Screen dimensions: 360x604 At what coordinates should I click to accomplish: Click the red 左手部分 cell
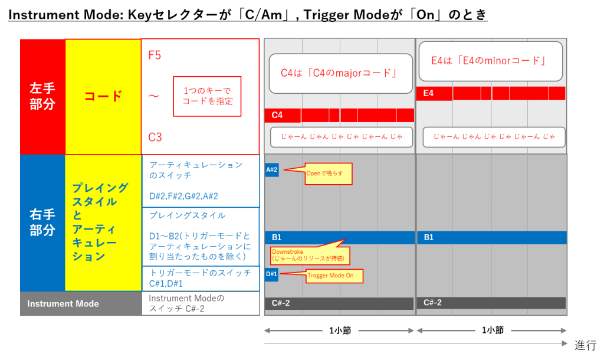pos(42,96)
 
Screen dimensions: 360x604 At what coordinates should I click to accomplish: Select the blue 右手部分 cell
pos(42,222)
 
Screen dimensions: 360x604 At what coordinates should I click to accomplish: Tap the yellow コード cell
pos(103,96)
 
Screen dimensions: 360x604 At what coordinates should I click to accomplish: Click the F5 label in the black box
pos(155,55)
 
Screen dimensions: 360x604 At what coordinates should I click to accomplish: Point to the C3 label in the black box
pos(155,138)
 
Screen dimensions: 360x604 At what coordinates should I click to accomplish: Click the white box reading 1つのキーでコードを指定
pos(207,96)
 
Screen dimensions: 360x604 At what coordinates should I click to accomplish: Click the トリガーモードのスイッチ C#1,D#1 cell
pos(201,279)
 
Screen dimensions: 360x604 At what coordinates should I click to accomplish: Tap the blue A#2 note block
pos(271,170)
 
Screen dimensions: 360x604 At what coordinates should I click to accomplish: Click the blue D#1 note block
pos(271,274)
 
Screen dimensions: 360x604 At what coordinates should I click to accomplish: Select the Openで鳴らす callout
pos(328,174)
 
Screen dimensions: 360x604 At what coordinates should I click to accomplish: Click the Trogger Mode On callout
pos(334,276)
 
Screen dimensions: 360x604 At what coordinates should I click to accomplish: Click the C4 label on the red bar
pos(275,115)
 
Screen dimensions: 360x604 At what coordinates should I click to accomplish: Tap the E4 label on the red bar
pos(429,93)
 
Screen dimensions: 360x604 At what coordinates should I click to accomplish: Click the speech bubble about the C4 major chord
pos(340,73)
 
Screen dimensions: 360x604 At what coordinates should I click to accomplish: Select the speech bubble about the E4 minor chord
pos(490,61)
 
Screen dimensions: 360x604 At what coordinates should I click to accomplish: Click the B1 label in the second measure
pos(429,237)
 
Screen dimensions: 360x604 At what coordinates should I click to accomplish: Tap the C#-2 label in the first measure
pos(281,303)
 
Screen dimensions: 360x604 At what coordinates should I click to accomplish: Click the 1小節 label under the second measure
pos(493,330)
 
